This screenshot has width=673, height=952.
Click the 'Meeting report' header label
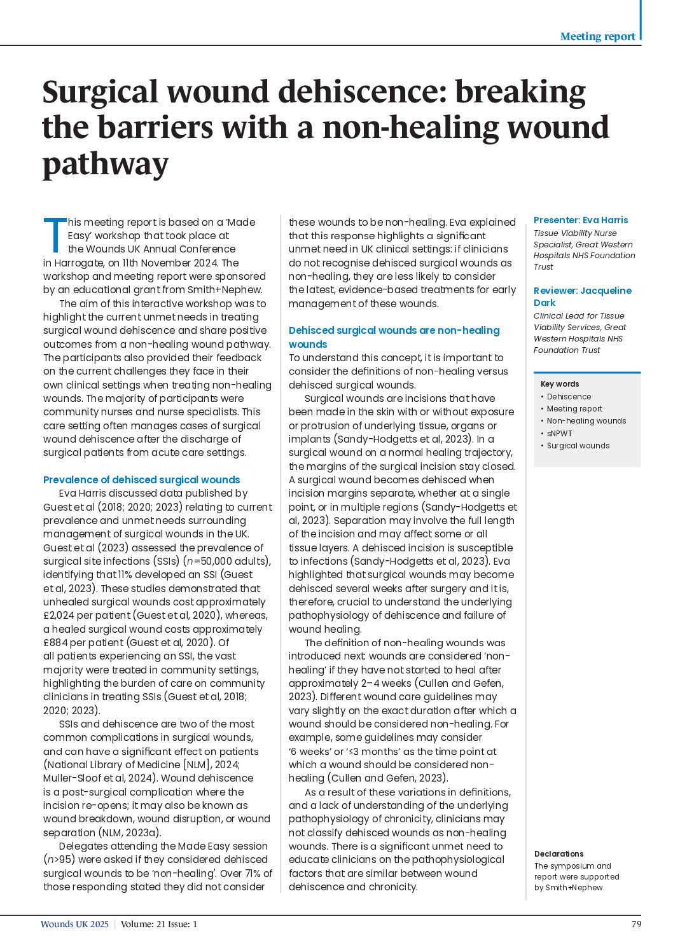(597, 36)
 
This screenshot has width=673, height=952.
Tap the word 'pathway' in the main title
(106, 164)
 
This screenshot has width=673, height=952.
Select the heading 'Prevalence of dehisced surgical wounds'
(141, 479)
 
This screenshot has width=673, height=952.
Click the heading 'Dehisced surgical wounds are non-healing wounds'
(394, 337)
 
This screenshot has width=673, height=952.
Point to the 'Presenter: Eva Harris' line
(580, 220)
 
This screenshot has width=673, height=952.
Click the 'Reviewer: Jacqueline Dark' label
(582, 296)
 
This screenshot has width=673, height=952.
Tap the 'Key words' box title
(560, 384)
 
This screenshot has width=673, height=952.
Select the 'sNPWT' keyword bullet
(560, 433)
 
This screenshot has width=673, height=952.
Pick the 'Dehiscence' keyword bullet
(569, 397)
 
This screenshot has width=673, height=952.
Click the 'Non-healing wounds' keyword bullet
(586, 421)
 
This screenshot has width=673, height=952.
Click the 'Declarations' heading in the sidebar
(559, 854)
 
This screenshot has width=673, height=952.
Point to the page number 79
(636, 924)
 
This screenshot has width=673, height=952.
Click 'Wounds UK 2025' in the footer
(74, 924)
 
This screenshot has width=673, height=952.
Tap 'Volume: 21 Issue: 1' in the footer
(159, 924)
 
